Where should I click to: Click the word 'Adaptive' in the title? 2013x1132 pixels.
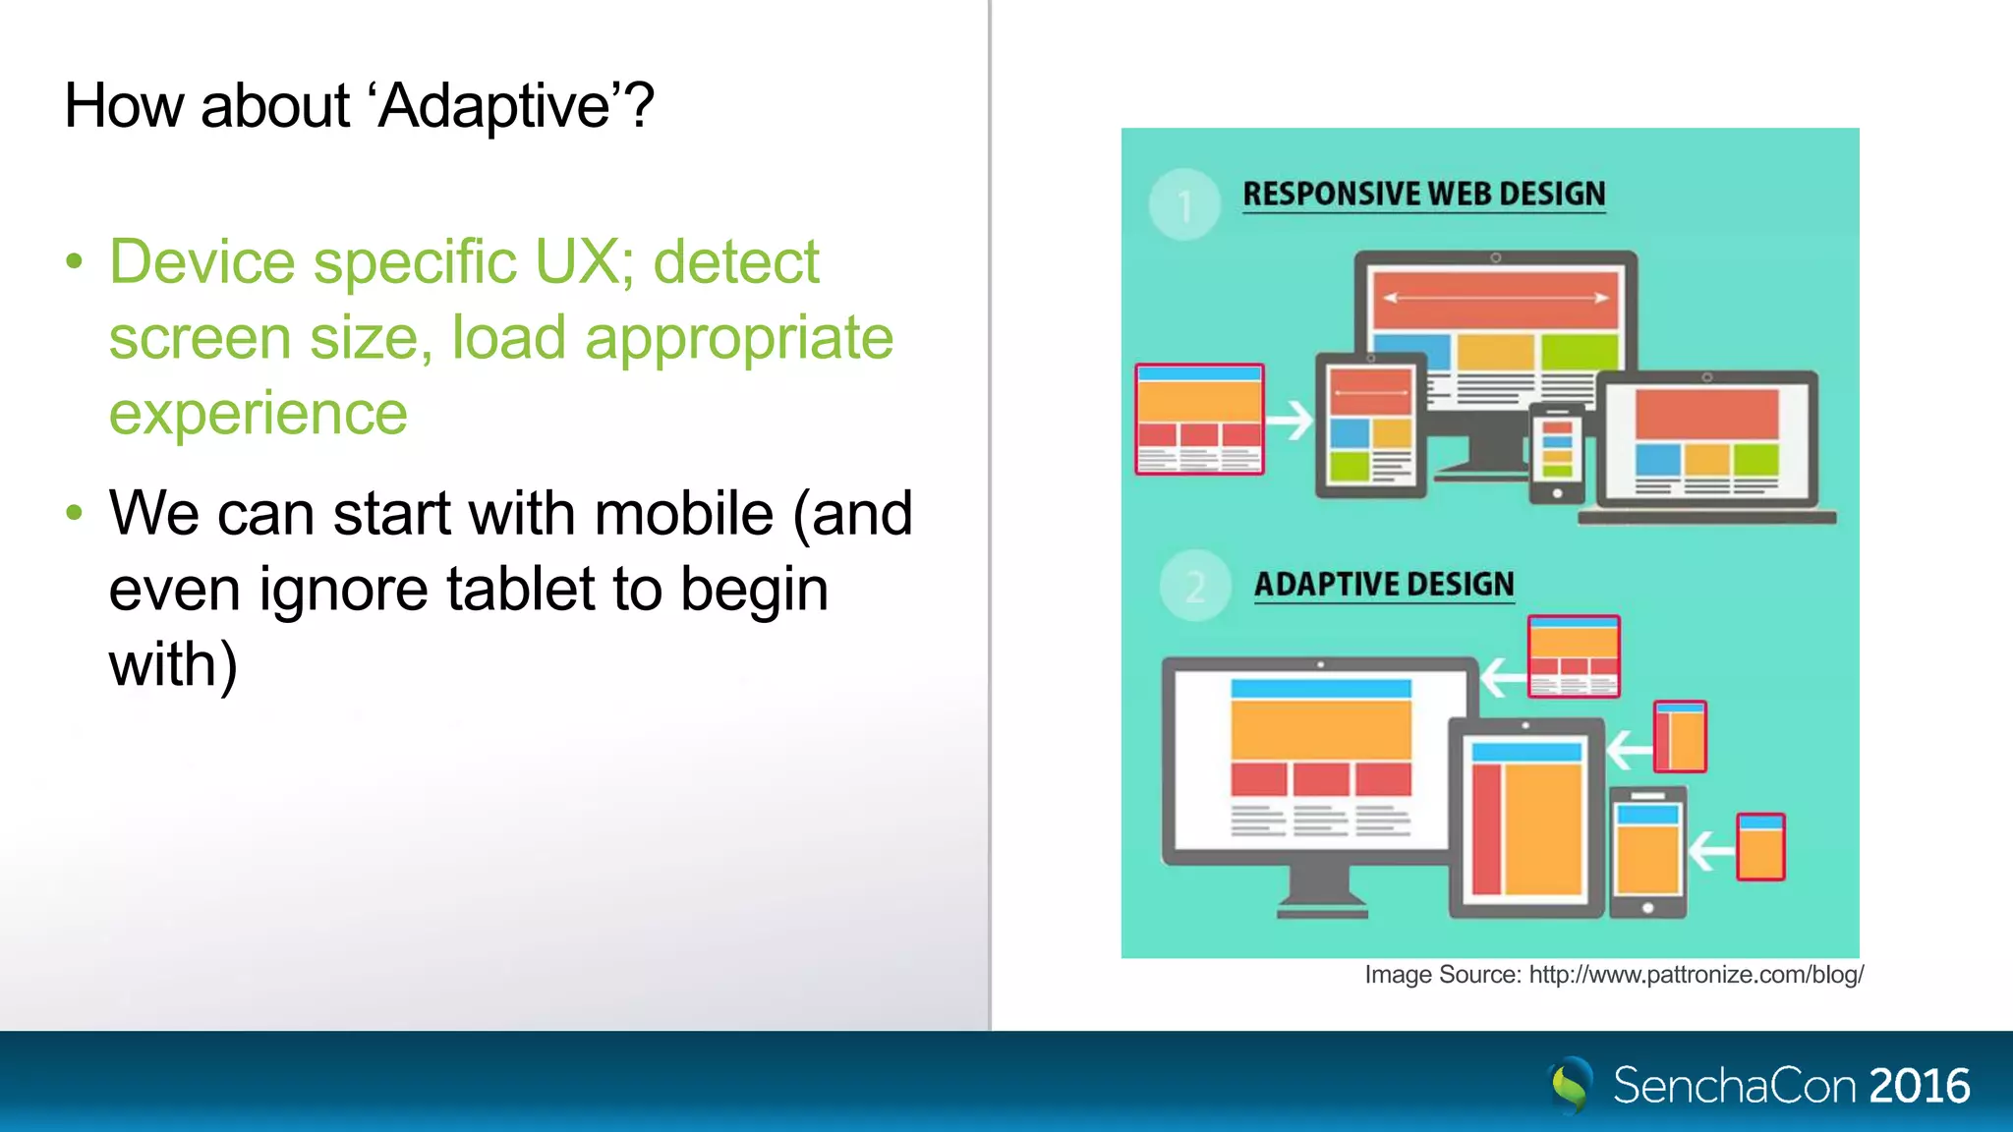495,106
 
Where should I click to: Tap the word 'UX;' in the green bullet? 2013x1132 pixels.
585,262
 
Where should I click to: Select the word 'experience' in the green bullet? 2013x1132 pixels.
258,414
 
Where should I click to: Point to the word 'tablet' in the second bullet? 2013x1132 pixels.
521,590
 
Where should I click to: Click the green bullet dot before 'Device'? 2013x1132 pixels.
75,262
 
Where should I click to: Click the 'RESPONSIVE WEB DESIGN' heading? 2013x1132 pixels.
1423,194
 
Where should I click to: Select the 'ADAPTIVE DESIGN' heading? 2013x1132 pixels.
1384,584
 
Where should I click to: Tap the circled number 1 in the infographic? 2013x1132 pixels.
1184,205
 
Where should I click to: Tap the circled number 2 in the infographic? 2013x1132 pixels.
1195,587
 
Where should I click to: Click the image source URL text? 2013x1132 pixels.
1696,975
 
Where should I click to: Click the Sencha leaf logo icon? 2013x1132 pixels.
1570,1085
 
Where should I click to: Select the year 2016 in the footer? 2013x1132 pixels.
1919,1086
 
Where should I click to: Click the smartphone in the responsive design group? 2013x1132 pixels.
1557,452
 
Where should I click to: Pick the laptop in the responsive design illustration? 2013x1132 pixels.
1706,447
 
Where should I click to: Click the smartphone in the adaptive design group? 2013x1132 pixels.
1646,853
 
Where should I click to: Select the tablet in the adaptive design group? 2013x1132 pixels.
1525,818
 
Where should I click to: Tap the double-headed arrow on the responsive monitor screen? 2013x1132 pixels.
1495,297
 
